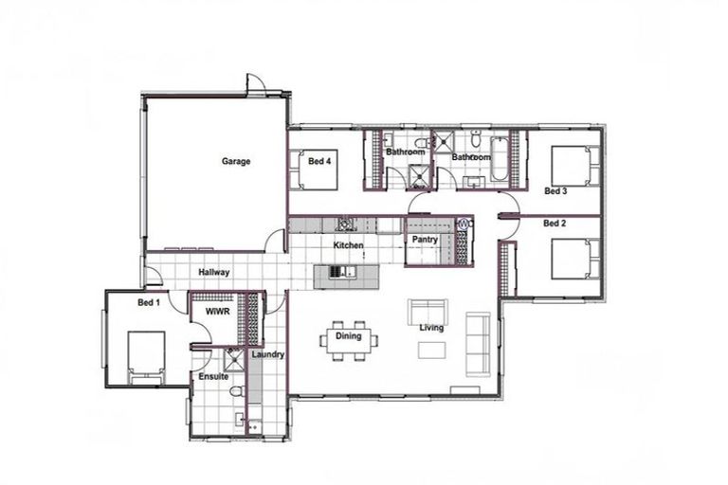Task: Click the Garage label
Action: pos(236,162)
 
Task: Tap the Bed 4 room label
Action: pos(319,162)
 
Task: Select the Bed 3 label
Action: pos(555,191)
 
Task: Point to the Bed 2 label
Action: pos(555,225)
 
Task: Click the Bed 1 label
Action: pos(149,303)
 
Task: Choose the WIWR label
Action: pos(217,310)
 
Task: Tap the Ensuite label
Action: pos(213,377)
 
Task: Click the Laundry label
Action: pos(269,355)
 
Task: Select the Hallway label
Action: pos(214,273)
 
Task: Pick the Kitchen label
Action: pos(348,246)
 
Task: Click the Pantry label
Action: pos(424,240)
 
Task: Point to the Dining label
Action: pos(348,336)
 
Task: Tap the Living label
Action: pos(432,328)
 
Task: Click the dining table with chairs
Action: pos(349,338)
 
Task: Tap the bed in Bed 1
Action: pos(147,357)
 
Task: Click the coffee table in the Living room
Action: pos(431,350)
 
